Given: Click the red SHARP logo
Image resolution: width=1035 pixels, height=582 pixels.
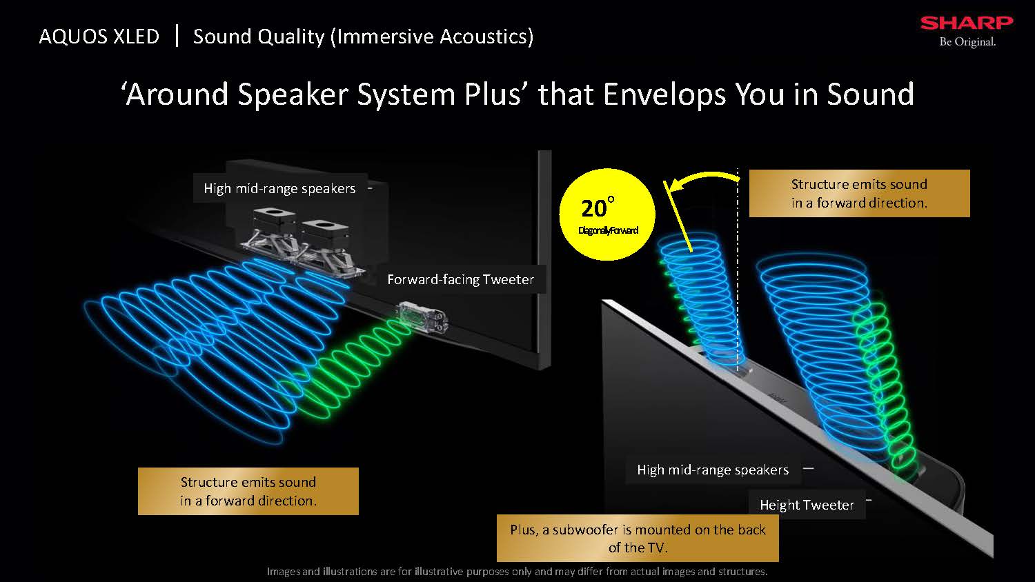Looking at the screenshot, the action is coord(967,23).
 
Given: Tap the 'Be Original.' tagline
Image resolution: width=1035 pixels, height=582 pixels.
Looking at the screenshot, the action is coord(967,42).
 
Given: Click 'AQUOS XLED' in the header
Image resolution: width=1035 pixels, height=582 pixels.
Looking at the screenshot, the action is coord(99,37).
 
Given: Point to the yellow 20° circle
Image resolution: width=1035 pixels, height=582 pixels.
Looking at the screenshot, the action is coord(607,214).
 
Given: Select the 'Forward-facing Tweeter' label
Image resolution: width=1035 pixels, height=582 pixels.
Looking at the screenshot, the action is coord(461,279).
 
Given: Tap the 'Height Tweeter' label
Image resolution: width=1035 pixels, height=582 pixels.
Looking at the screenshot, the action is coord(807,505).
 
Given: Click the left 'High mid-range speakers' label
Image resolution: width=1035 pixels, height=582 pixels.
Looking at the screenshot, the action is coord(279,188).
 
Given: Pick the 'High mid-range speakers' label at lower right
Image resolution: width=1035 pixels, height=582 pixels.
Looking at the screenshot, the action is coord(713,470).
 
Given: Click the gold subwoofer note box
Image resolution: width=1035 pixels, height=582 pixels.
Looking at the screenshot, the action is coord(638,538).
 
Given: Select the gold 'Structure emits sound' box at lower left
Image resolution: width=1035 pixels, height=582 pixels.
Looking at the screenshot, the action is coord(248,491).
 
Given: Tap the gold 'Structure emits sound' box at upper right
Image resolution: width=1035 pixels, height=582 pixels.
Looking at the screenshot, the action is coord(860,193).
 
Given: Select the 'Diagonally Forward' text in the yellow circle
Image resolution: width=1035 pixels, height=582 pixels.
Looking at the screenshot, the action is coord(608,230).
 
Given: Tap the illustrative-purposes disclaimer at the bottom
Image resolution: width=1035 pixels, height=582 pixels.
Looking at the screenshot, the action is coord(517,572).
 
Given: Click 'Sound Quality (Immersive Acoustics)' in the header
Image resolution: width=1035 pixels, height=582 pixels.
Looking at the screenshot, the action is coord(363,37).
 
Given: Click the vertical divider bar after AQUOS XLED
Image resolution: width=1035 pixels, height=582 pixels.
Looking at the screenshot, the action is coord(177,36).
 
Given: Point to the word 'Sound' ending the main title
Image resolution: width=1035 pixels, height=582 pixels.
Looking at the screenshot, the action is coord(871,94).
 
